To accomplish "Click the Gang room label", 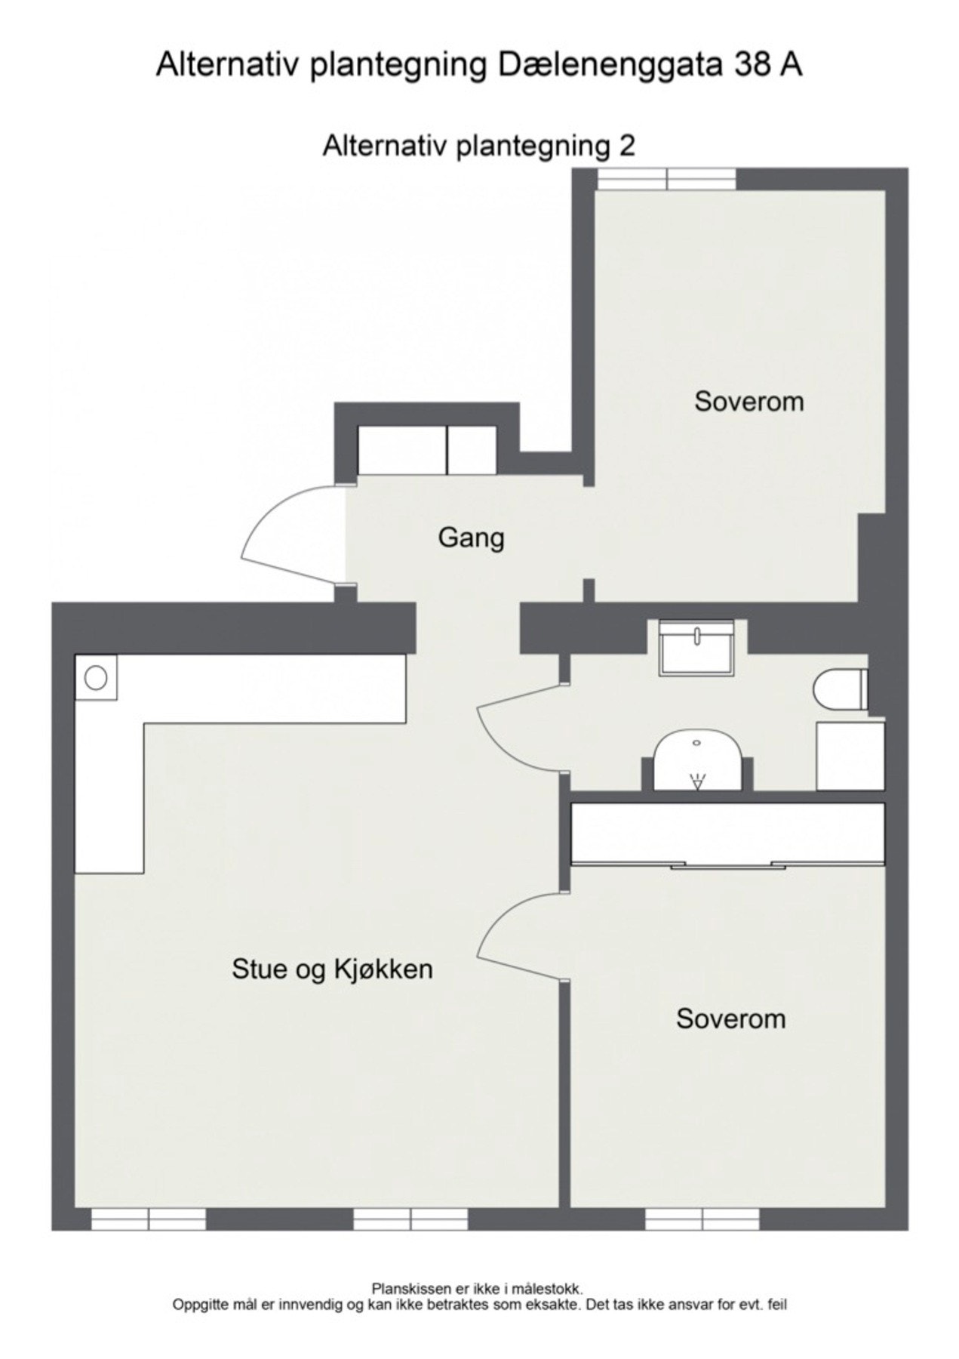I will [x=471, y=539].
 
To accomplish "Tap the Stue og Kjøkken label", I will [x=332, y=969].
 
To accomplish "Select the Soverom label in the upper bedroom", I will [x=748, y=401].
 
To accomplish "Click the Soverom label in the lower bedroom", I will [x=730, y=1018].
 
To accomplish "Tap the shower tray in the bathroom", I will [x=696, y=761].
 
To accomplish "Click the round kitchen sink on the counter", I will [x=96, y=677].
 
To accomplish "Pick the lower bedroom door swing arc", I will [x=515, y=936].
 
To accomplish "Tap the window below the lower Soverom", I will [x=702, y=1219].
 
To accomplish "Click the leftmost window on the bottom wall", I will [x=149, y=1219].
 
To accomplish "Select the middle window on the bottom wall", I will [x=410, y=1219].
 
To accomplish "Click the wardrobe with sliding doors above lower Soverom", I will [x=727, y=833].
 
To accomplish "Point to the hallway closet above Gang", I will [x=426, y=450].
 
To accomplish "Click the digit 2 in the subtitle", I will [x=627, y=145].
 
